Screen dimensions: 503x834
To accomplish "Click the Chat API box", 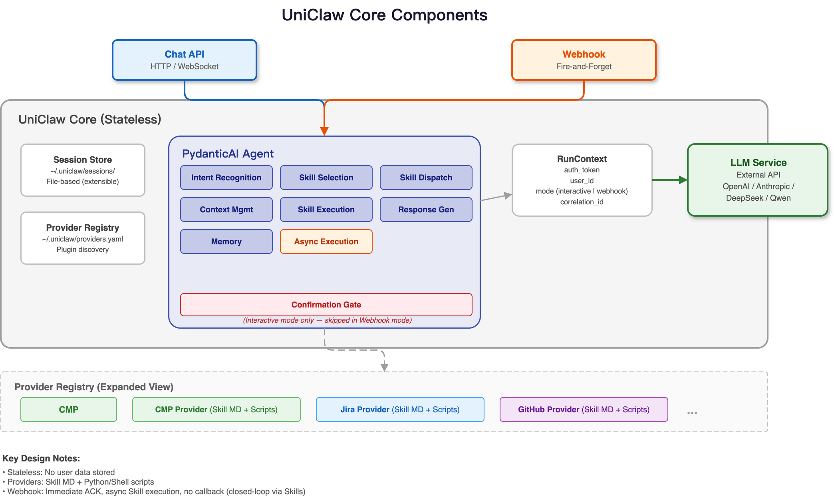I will tap(184, 60).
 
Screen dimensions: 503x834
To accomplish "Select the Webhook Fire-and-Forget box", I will tap(584, 60).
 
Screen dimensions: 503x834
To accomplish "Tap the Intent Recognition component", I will tap(226, 178).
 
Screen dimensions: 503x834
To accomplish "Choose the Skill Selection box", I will tap(326, 178).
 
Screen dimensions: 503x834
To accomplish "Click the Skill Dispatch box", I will tap(426, 178).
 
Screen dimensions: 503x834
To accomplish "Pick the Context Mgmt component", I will tap(226, 210).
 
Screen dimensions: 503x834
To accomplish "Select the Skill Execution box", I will tap(326, 210).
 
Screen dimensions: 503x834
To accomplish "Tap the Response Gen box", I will tap(426, 210).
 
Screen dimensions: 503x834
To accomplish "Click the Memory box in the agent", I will tap(226, 242).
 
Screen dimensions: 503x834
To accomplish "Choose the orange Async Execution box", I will tap(326, 242).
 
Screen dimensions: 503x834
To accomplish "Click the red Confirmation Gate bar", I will tap(326, 305).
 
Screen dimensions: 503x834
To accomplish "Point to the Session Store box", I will tap(83, 170).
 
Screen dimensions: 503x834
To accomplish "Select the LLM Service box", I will tap(758, 180).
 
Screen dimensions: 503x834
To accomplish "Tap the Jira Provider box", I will tap(400, 409).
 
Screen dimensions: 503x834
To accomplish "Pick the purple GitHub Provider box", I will tap(584, 409).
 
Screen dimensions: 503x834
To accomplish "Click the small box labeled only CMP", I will tap(69, 409).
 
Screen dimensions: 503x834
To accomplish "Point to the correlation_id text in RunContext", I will tap(582, 202).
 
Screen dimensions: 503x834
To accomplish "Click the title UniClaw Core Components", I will tap(384, 15).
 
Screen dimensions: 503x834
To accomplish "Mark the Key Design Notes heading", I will tap(41, 458).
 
